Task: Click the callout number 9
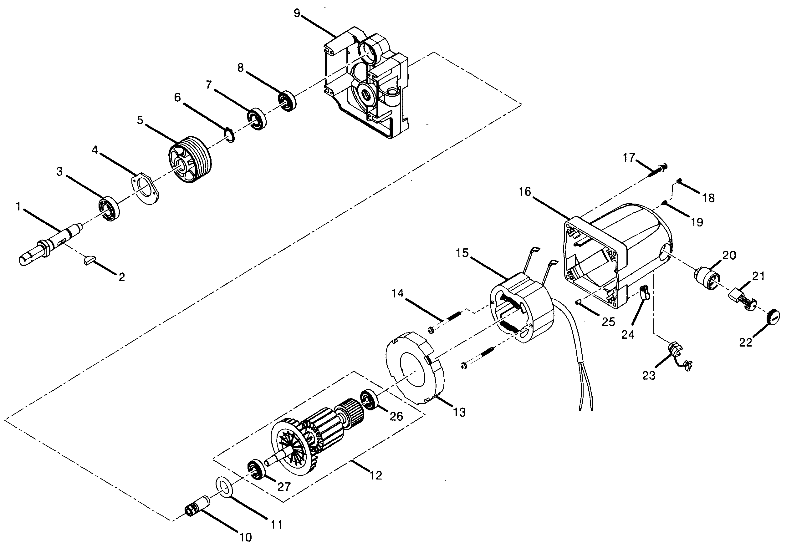pos(297,13)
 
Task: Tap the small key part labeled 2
pos(89,260)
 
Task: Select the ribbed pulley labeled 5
pos(190,160)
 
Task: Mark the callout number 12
pos(376,475)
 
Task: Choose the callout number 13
pos(459,413)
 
